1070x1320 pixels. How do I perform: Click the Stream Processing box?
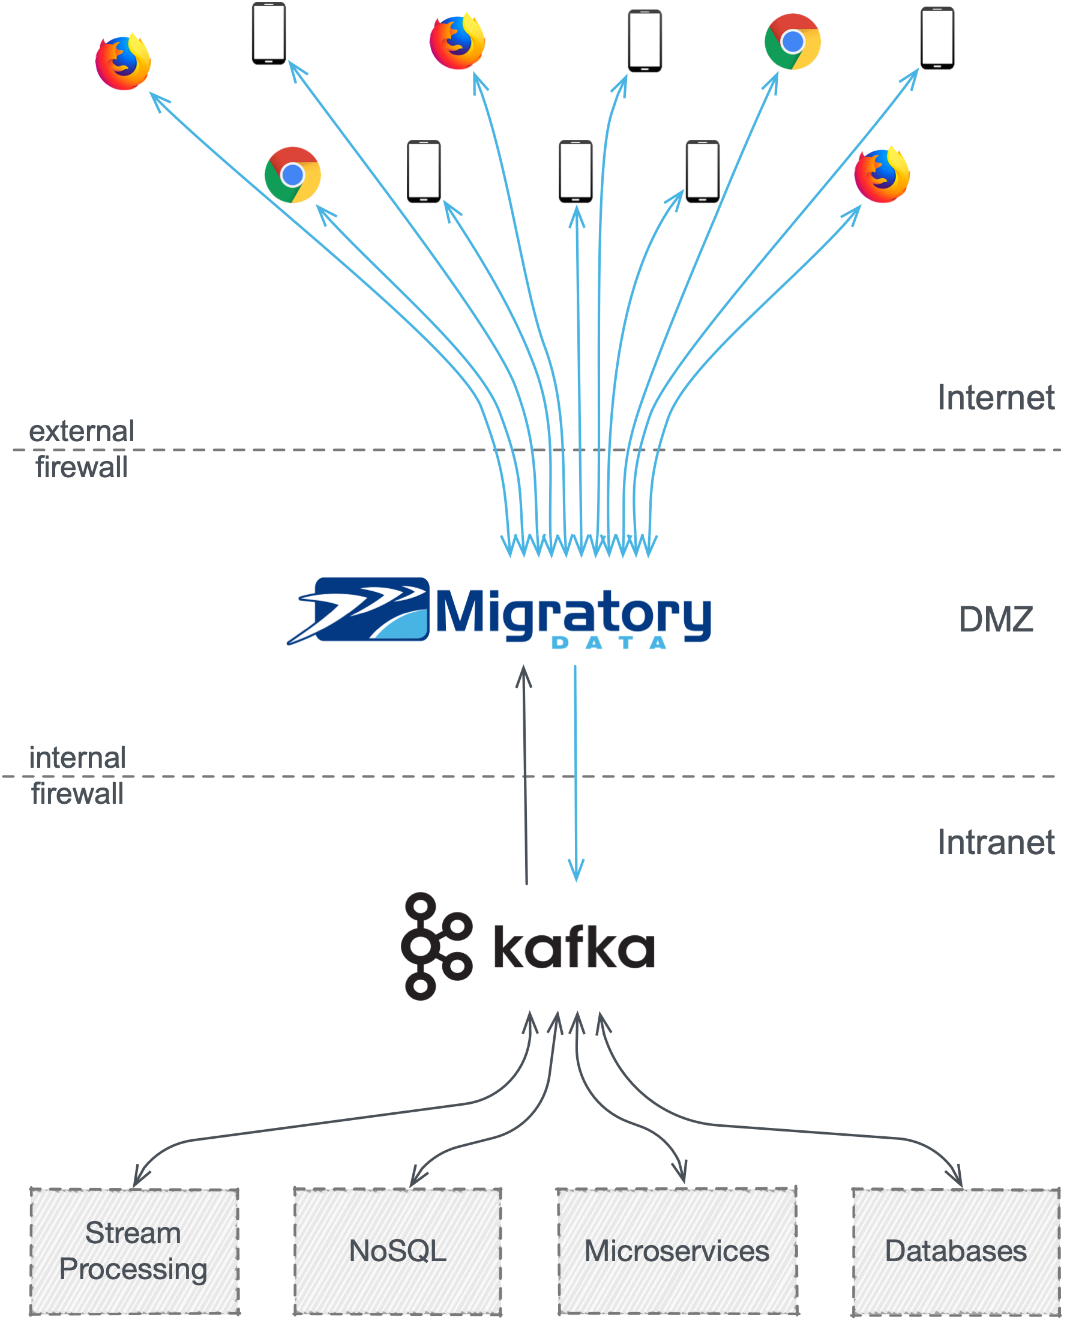134,1250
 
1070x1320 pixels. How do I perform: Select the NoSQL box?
397,1250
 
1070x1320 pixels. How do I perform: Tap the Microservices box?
677,1250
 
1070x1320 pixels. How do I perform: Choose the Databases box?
955,1250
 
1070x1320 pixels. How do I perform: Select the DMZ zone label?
996,619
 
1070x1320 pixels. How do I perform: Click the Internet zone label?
996,397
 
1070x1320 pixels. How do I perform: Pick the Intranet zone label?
996,842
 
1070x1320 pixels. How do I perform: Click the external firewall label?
82,449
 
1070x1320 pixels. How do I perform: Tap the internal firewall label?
77,776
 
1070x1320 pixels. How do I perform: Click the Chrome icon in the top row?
792,42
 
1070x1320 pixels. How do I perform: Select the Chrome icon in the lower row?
292,175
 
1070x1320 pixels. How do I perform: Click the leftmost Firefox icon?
123,62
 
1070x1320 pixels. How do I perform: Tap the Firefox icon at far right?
882,175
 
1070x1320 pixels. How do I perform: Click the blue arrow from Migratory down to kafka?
576,771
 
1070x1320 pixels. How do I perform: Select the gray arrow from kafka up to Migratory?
525,771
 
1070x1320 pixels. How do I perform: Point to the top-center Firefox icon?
457,42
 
